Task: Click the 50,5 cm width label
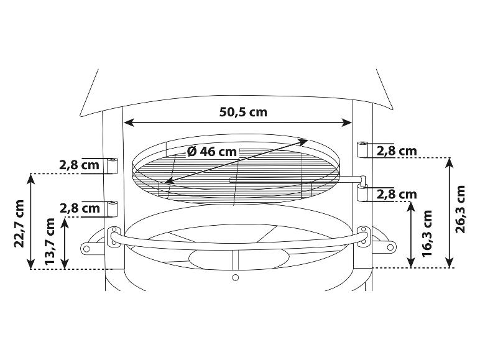243,112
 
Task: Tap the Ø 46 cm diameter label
212,152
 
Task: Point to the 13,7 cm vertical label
49,241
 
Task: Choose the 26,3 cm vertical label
460,209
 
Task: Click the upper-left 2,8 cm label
80,165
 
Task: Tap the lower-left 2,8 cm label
80,208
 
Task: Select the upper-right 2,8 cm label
397,151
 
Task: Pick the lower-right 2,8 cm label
397,195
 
